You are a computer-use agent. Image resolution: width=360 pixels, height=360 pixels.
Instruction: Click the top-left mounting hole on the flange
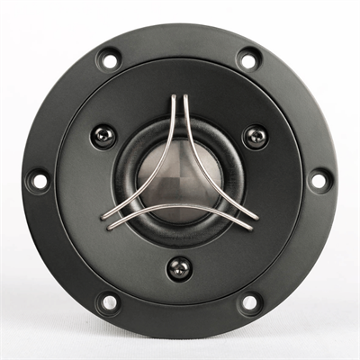click(109, 61)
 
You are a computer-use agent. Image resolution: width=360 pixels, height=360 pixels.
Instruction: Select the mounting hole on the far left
click(39, 180)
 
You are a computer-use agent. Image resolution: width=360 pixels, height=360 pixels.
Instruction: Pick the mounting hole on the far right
click(318, 180)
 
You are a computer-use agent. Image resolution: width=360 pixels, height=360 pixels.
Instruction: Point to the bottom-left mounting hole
click(109, 301)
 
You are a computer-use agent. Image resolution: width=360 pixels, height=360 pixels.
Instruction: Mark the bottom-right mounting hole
click(248, 301)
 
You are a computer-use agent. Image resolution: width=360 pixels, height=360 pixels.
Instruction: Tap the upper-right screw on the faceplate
click(256, 136)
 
